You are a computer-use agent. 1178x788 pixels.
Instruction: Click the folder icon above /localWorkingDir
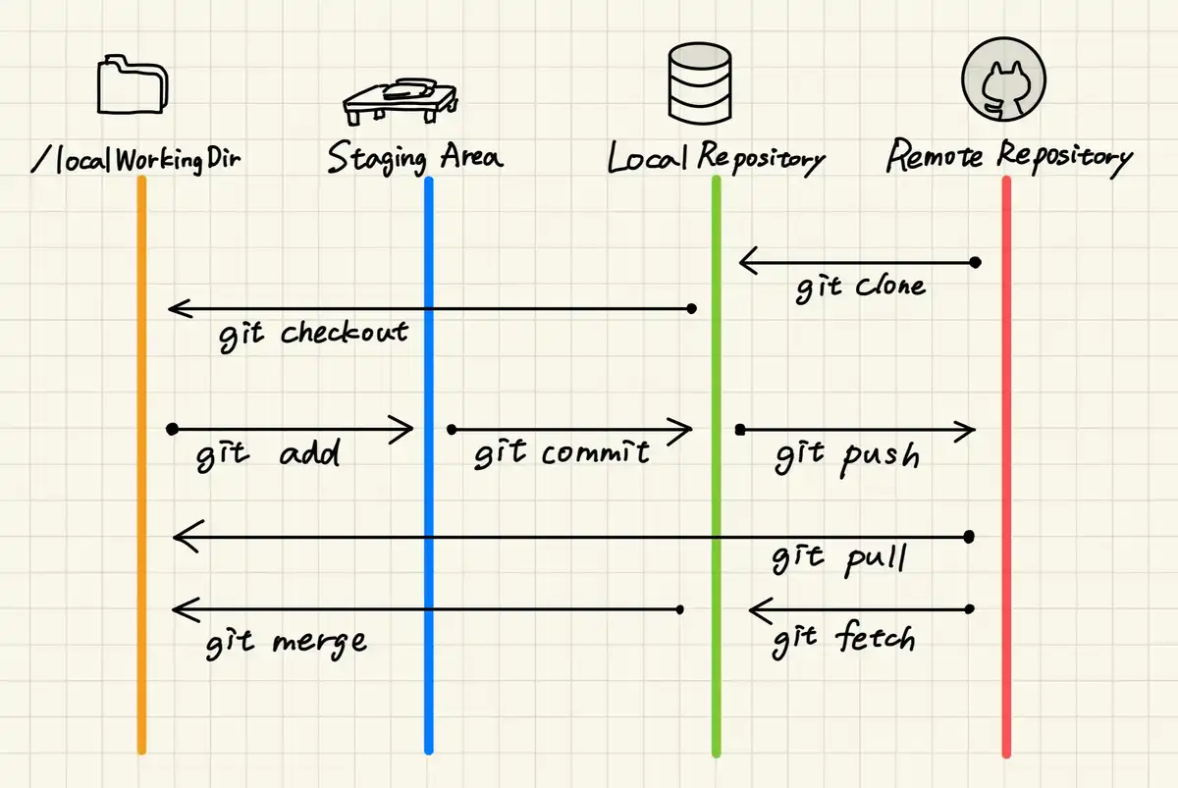click(x=134, y=85)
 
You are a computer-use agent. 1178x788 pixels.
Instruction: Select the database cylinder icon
click(x=699, y=83)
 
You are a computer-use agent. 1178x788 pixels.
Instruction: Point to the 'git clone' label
click(x=860, y=288)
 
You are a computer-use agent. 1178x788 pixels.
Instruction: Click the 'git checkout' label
click(x=313, y=333)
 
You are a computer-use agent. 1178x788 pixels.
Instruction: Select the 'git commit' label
click(x=562, y=453)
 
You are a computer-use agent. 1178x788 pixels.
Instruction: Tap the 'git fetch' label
click(x=843, y=640)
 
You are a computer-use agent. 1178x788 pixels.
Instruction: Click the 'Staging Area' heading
click(x=414, y=157)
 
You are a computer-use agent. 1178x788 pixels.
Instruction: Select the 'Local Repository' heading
click(x=716, y=158)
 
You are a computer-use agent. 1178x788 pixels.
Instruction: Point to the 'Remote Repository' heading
click(x=1008, y=156)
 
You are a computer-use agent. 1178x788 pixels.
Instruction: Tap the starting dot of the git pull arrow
click(x=969, y=537)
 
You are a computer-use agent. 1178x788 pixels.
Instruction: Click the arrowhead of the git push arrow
click(x=969, y=429)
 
